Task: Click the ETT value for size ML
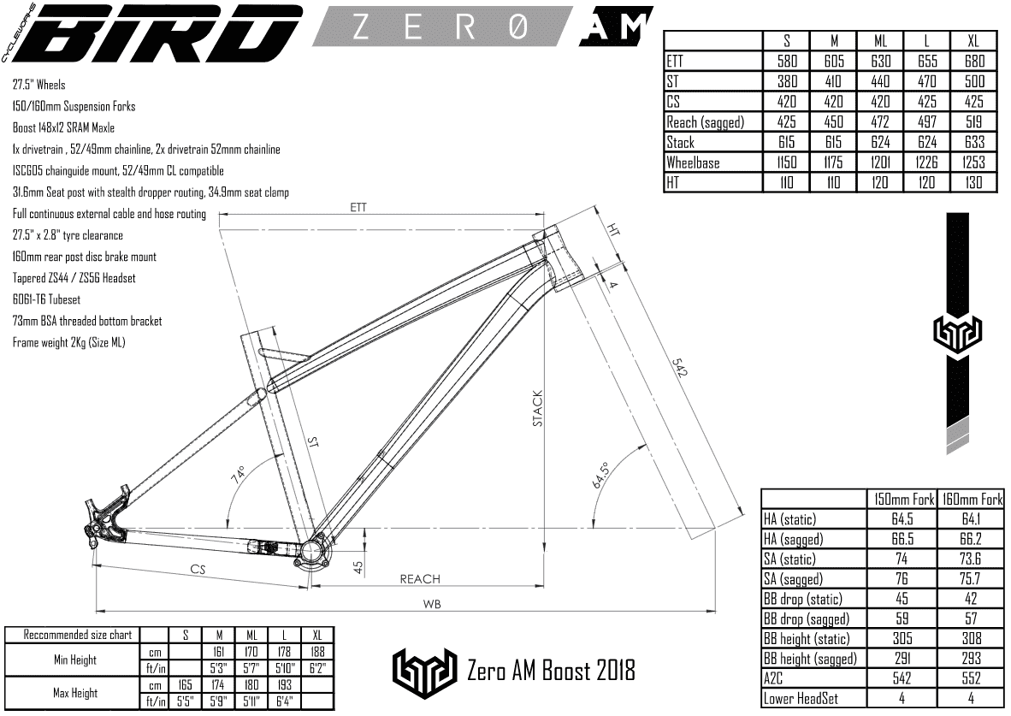point(881,62)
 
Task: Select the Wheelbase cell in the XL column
point(974,163)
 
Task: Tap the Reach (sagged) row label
point(706,123)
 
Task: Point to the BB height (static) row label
point(808,638)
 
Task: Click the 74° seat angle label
point(237,474)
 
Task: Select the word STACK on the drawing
point(538,409)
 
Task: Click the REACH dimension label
point(420,580)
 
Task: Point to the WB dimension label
point(433,604)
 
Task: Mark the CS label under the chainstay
point(198,570)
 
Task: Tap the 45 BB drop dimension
point(358,565)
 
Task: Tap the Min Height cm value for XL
point(317,652)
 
